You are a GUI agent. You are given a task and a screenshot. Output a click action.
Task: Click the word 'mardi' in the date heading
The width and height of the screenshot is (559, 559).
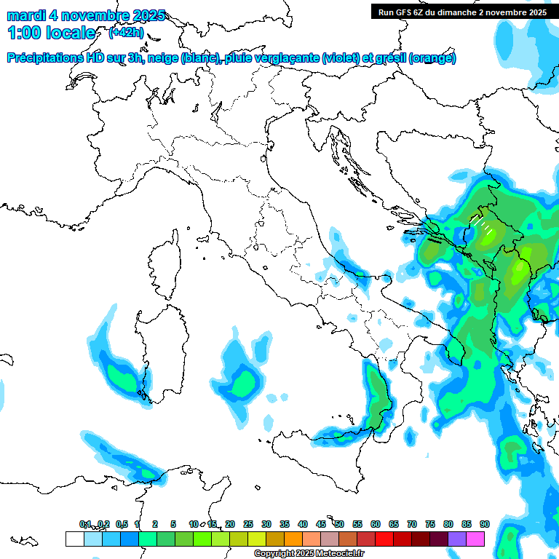click(x=25, y=15)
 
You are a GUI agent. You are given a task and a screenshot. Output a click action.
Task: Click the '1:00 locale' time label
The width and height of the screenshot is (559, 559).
click(x=51, y=33)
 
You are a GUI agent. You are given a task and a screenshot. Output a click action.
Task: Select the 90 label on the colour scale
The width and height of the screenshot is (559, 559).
click(x=485, y=524)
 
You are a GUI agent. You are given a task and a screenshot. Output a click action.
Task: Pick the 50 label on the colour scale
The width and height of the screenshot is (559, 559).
click(x=339, y=524)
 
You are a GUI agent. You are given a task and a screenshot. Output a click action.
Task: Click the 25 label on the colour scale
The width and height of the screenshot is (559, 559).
click(x=248, y=524)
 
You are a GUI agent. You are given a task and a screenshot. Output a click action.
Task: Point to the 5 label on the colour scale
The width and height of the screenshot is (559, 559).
click(x=173, y=524)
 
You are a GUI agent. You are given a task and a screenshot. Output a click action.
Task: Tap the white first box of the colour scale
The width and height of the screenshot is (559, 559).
click(x=74, y=539)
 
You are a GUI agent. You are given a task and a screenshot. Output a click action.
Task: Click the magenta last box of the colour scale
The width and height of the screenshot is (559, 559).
click(x=475, y=539)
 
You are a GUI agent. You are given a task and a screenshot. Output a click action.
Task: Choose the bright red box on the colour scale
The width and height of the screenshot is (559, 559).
click(x=384, y=539)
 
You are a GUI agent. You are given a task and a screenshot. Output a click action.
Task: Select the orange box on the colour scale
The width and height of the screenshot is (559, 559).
click(x=293, y=539)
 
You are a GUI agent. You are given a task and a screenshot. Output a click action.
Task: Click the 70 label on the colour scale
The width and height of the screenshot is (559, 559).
click(x=412, y=524)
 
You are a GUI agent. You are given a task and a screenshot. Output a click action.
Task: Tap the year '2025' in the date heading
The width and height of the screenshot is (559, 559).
click(x=149, y=15)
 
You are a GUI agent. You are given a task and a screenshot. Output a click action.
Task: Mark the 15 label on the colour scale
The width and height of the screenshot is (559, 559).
click(x=212, y=524)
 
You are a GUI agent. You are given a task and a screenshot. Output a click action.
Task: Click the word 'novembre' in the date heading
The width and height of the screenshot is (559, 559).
click(x=98, y=15)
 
